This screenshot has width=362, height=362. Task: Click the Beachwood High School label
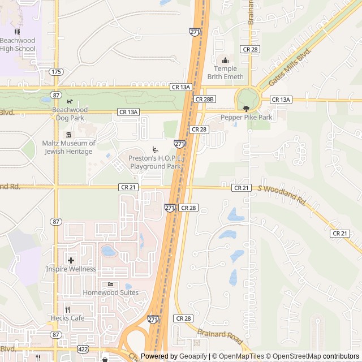click(x=18, y=45)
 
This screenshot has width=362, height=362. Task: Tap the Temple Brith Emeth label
click(x=225, y=72)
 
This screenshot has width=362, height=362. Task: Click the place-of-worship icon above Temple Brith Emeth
click(x=225, y=60)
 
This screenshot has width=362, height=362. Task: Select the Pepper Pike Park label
click(x=247, y=117)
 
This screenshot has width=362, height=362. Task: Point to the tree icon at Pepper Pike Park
click(x=246, y=108)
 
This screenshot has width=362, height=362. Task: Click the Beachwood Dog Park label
click(x=70, y=114)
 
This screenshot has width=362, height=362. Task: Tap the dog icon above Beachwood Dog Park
click(x=70, y=101)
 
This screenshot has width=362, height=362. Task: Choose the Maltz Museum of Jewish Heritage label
click(x=67, y=147)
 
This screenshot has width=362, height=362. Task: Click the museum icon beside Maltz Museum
click(x=68, y=135)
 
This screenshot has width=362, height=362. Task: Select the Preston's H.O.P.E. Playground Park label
click(x=155, y=163)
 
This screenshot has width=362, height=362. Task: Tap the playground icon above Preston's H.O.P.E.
click(x=154, y=149)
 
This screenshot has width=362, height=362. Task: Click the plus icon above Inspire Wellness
click(x=71, y=260)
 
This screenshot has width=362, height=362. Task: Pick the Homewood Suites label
click(x=110, y=292)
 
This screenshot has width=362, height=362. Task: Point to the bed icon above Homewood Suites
click(x=110, y=284)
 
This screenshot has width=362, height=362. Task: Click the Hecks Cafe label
click(x=67, y=318)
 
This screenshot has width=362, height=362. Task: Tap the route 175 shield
click(x=56, y=72)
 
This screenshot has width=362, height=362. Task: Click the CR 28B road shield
click(x=205, y=99)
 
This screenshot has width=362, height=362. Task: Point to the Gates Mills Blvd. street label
click(x=290, y=67)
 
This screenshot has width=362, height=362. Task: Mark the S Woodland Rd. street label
click(x=281, y=194)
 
